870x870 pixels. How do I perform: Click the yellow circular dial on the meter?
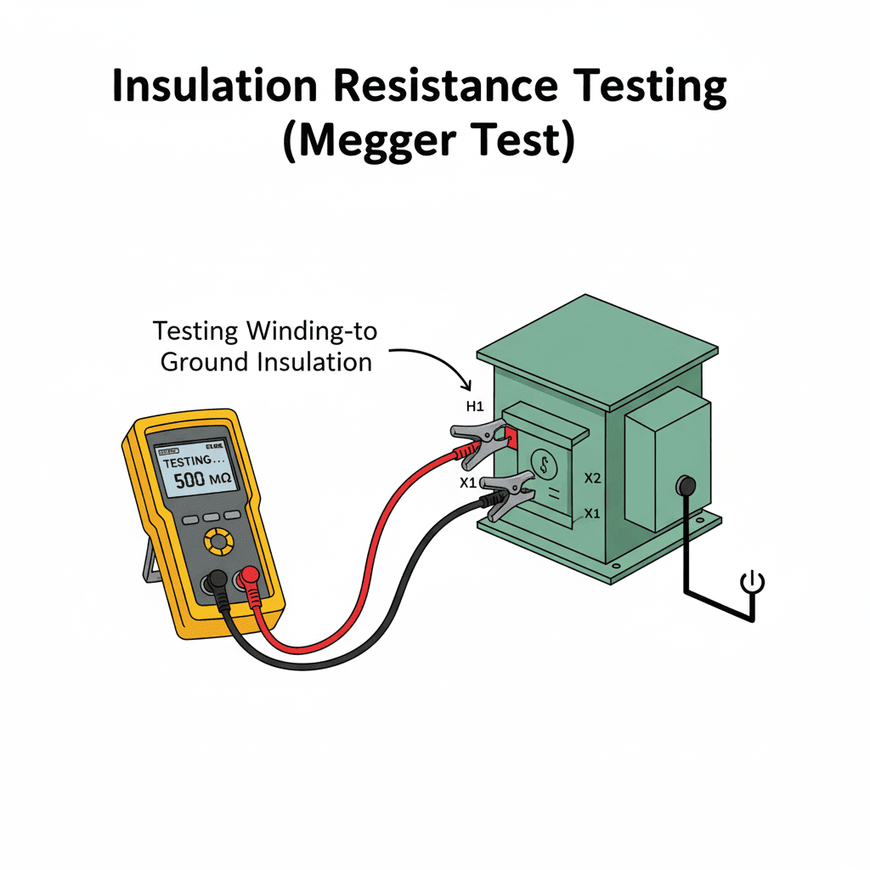[219, 540]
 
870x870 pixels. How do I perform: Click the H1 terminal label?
[474, 408]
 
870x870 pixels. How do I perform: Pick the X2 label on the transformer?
[593, 479]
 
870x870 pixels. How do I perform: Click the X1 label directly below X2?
[591, 514]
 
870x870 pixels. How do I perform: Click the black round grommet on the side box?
[685, 486]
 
